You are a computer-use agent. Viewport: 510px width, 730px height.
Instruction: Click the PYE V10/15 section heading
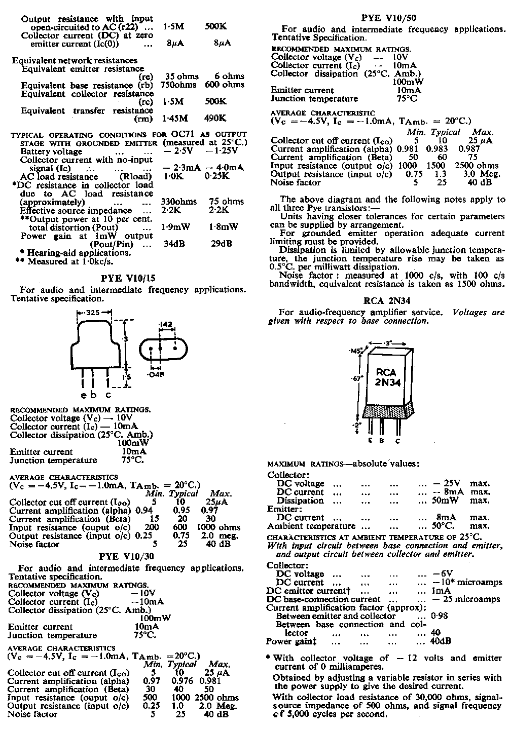128,278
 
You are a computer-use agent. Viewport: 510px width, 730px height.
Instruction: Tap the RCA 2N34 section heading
387,300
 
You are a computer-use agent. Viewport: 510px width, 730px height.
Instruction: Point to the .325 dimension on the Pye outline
92,313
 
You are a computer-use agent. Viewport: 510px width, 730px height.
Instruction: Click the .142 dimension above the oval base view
166,324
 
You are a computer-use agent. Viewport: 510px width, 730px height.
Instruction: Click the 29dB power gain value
221,244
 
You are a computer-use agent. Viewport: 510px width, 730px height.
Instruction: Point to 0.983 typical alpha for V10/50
436,149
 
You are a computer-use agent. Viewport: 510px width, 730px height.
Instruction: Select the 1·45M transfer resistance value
175,119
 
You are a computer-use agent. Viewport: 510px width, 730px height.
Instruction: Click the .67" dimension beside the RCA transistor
357,378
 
